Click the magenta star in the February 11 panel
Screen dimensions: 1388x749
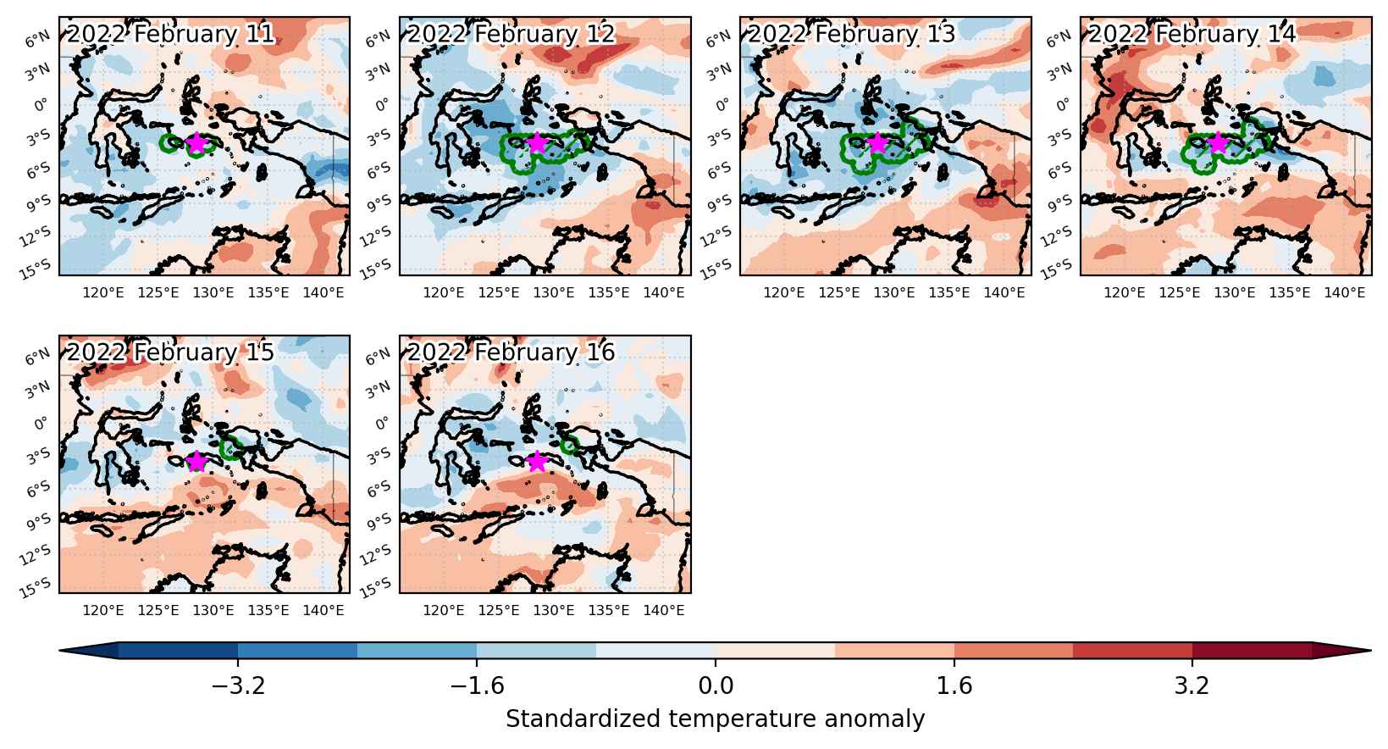click(x=196, y=143)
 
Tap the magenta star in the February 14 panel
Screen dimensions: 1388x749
click(x=1219, y=143)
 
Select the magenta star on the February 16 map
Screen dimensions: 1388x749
click(x=537, y=461)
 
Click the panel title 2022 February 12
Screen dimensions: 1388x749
click(x=511, y=34)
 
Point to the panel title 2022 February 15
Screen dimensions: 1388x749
click(x=170, y=352)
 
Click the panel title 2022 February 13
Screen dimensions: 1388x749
click(x=851, y=34)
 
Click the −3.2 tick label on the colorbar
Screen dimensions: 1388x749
click(x=239, y=685)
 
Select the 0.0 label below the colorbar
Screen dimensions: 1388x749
click(x=716, y=685)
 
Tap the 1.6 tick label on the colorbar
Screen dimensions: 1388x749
click(x=954, y=685)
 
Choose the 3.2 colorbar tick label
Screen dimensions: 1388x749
click(x=1192, y=685)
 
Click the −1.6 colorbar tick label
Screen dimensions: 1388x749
click(x=477, y=685)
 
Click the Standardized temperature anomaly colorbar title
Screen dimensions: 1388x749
click(x=715, y=719)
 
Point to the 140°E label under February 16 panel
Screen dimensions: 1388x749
click(x=664, y=611)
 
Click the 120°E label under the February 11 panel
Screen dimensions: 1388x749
click(x=102, y=292)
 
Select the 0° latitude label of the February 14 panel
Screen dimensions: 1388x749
click(x=1063, y=105)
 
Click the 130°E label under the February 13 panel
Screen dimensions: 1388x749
click(x=894, y=292)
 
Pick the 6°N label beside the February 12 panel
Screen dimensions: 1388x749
click(x=378, y=39)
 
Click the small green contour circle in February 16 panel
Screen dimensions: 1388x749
click(x=569, y=445)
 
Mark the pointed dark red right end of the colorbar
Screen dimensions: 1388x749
click(x=1371, y=651)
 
